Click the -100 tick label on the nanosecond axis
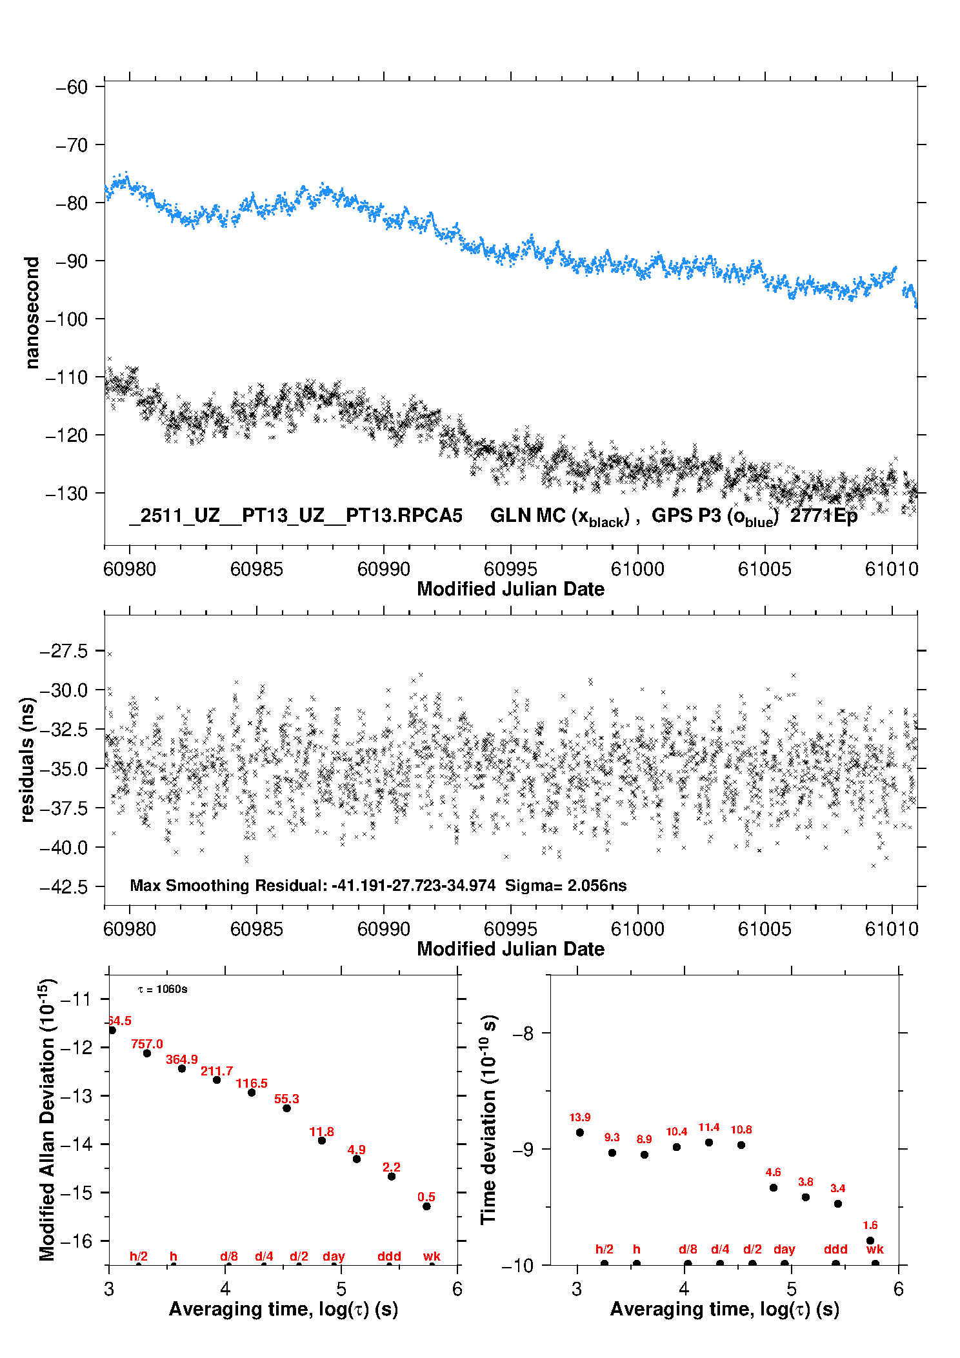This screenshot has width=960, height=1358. tap(66, 319)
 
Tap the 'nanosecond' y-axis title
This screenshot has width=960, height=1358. tap(32, 313)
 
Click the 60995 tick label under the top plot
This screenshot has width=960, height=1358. tap(510, 569)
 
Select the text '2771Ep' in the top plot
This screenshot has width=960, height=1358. tap(824, 516)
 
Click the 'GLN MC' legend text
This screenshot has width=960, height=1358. tap(528, 516)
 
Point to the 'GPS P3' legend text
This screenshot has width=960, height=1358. tap(686, 516)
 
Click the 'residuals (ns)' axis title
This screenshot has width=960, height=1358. tap(27, 759)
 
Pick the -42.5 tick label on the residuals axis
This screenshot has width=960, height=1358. tap(64, 887)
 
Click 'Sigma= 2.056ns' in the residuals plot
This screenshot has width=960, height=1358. tap(566, 885)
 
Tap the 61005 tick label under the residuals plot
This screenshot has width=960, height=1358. tap(765, 929)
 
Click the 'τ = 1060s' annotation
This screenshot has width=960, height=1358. tap(163, 990)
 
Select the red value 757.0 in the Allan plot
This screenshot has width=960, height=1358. tap(147, 1044)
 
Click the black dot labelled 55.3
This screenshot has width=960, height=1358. tap(286, 1108)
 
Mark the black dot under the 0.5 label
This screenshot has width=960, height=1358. tap(426, 1206)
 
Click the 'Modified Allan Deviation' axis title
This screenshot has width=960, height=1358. tap(47, 1119)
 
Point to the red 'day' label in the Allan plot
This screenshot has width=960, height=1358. tap(334, 1256)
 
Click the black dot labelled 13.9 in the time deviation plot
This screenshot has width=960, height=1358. tap(580, 1132)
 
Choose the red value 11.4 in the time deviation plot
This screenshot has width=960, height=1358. tap(708, 1127)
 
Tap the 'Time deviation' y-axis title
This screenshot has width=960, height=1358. tap(488, 1120)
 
